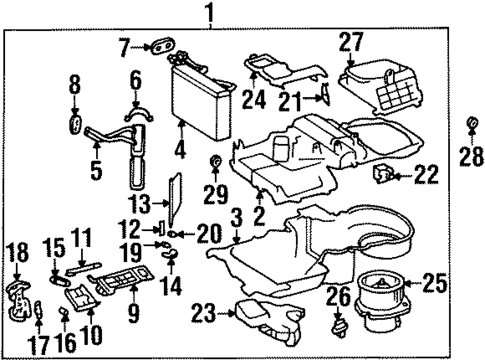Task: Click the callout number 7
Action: [x=125, y=46]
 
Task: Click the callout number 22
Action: [x=426, y=176]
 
